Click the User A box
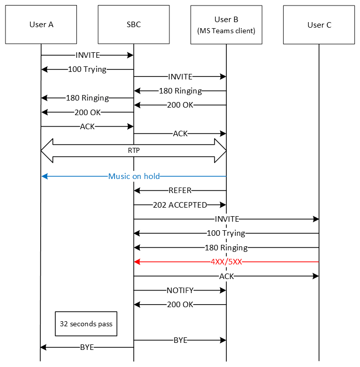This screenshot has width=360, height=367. point(41,25)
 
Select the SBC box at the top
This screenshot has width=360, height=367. point(134,25)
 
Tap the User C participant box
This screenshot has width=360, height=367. point(319,25)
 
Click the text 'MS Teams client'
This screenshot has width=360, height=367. point(226,31)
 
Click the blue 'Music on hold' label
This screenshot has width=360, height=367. point(134,176)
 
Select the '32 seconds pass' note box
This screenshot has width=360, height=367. point(86,324)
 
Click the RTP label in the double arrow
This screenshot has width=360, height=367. point(133,150)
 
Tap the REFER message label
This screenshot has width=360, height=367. point(180,191)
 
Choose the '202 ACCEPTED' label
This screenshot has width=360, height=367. point(180,205)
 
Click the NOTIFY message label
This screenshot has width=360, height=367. point(180,290)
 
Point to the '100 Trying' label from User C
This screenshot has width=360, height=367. point(226,233)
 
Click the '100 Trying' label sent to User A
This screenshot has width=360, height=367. point(87,69)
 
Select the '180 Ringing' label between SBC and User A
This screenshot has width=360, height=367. point(87,98)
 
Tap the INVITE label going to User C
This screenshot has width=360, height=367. point(226,219)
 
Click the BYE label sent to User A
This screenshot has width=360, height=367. point(87,347)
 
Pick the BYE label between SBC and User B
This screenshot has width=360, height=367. point(180,340)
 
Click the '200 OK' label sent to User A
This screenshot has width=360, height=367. point(87,112)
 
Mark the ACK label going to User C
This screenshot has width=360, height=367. point(226,276)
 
